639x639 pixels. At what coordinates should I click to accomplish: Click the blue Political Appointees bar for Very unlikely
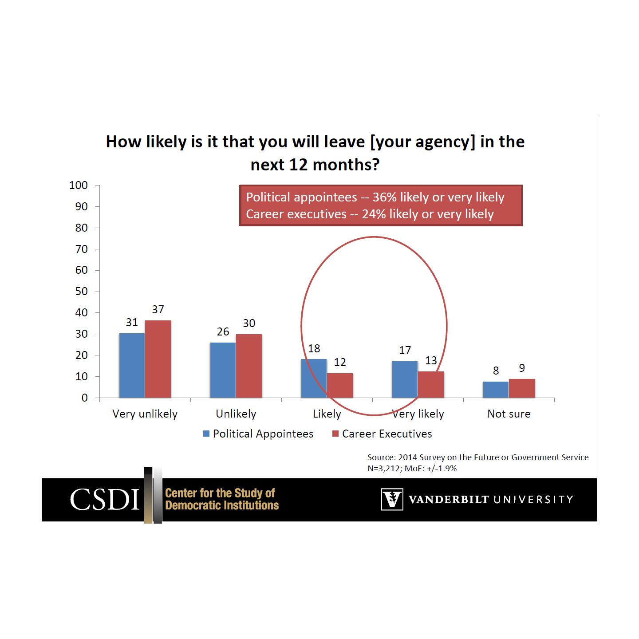point(132,365)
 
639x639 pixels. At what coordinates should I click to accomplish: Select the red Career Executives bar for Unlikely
point(249,366)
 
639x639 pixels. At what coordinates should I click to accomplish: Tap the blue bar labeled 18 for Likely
point(314,378)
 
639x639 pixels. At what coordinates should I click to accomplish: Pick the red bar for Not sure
point(522,388)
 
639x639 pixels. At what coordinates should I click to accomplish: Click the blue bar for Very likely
point(405,379)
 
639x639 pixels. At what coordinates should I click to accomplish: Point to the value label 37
point(158,309)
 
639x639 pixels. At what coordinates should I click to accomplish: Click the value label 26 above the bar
point(223,331)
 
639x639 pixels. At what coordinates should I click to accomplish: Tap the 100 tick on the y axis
point(79,185)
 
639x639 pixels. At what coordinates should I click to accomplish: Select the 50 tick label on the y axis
point(81,292)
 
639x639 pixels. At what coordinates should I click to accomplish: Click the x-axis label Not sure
point(509,414)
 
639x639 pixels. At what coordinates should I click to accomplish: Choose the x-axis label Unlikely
point(236,414)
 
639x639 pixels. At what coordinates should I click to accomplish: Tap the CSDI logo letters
point(105,499)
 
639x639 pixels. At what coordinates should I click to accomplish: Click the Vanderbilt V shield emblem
point(392,499)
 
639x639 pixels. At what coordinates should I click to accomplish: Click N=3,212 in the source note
point(384,468)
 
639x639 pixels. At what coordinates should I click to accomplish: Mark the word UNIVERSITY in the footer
point(533,500)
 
